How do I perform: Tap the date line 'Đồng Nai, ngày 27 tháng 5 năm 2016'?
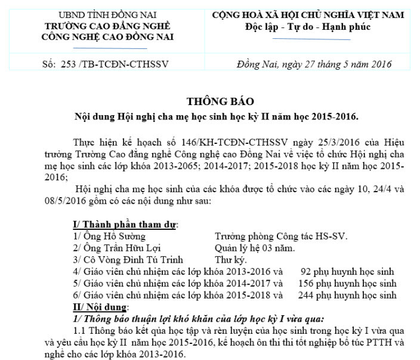314,64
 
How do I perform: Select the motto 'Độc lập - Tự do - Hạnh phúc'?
308,27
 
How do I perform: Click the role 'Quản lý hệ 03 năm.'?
254,248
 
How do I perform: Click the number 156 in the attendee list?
305,283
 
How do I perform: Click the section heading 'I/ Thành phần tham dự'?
125,224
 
